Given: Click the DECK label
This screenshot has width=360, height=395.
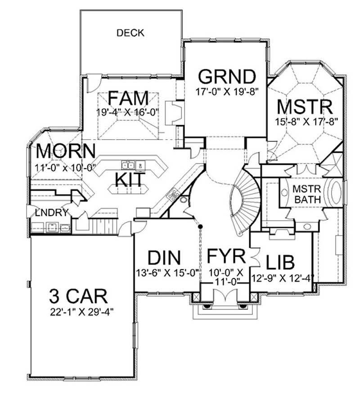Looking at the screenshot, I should pos(130,33).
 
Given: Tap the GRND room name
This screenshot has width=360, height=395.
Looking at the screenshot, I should pos(227,77).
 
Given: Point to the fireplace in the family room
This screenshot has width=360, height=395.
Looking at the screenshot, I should pos(174,112).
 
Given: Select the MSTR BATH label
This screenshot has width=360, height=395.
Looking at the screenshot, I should pos(306,194).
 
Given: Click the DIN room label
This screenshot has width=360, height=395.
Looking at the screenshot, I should pos(164,259).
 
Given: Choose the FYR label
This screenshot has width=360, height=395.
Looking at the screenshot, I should pos(226,257).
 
